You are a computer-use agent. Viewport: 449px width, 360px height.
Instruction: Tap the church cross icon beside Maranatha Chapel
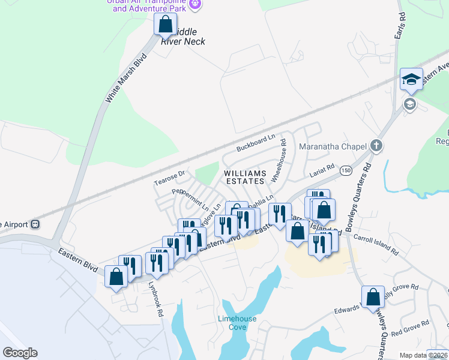[376, 145]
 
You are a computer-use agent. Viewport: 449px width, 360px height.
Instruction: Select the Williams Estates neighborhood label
[244, 177]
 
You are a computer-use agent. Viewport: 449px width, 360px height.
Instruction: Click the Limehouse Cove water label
[237, 323]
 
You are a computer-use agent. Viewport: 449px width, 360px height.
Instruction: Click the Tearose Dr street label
[171, 175]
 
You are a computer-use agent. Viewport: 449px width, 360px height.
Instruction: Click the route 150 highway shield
[346, 171]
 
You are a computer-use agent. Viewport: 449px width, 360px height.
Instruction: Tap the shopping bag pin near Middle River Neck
[165, 25]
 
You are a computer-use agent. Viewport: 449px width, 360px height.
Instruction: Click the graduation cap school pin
[411, 79]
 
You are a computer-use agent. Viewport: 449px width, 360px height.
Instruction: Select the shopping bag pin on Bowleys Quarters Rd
[373, 296]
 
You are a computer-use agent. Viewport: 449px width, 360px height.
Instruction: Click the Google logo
[20, 353]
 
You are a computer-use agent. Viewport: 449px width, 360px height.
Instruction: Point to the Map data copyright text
[424, 355]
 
